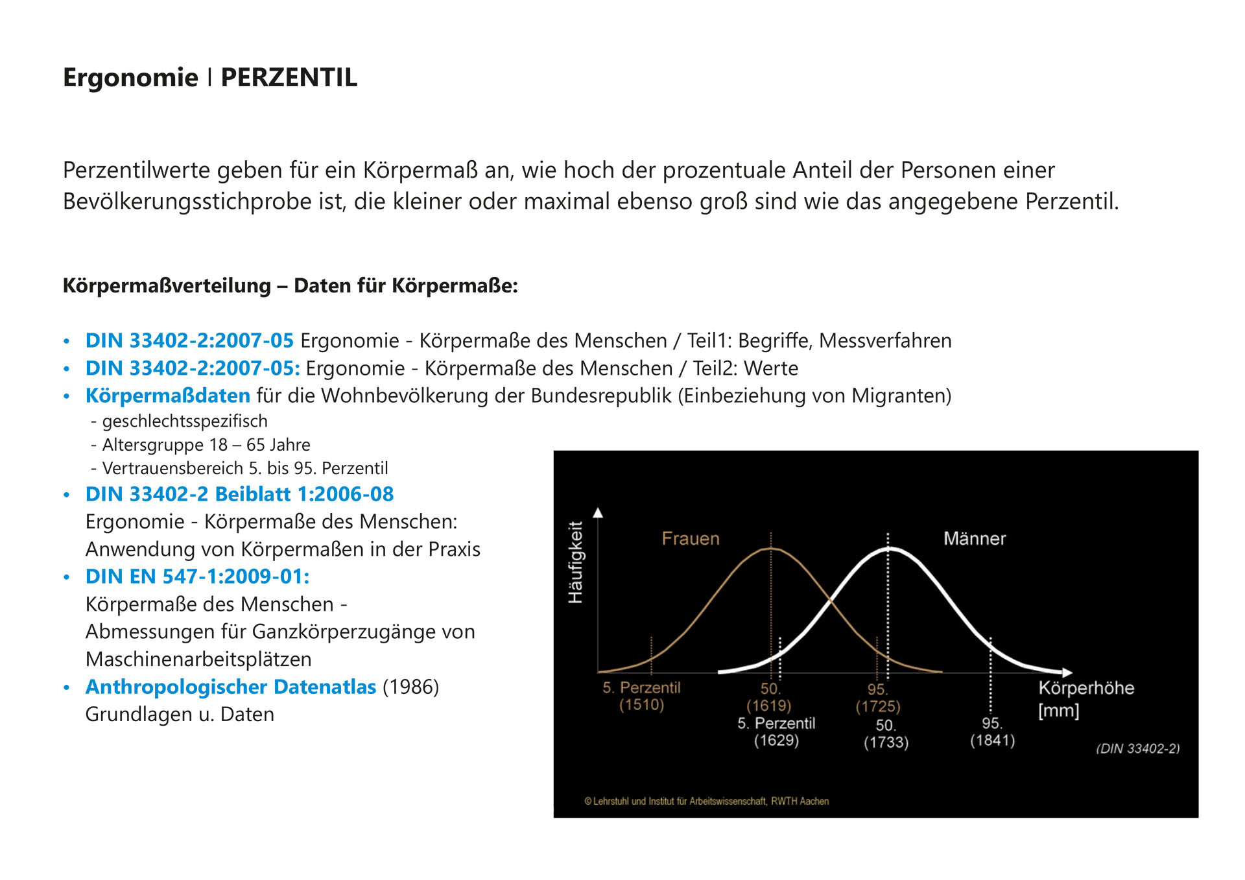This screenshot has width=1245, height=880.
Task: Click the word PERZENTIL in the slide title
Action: [x=289, y=78]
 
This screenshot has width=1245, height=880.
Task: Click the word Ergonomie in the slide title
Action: [x=130, y=78]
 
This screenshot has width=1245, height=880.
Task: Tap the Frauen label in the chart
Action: [x=691, y=539]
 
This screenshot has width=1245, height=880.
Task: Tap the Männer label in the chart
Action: [x=974, y=539]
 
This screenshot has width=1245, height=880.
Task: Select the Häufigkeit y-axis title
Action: [x=576, y=562]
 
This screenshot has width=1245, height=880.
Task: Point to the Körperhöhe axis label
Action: [x=1086, y=688]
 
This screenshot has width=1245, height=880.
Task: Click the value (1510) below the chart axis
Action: [x=641, y=705]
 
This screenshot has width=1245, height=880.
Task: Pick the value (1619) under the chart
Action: [x=768, y=706]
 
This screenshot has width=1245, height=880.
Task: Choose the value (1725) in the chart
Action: [x=877, y=706]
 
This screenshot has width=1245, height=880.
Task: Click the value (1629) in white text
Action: [x=776, y=741]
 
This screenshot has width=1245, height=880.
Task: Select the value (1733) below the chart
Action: [x=886, y=743]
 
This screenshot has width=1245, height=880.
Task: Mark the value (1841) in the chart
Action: [x=992, y=741]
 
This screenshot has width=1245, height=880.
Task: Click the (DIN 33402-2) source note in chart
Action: [x=1137, y=749]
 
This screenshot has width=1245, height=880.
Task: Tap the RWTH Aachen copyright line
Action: [x=707, y=802]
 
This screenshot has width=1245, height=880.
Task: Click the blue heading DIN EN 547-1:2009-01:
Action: [x=197, y=577]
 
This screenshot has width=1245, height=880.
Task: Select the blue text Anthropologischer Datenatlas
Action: [x=230, y=687]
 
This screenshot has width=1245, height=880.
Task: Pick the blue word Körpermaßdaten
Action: [x=167, y=396]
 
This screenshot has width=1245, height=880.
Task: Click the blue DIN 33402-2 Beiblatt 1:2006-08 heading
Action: [x=239, y=494]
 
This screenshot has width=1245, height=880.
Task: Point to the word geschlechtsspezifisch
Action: [x=185, y=422]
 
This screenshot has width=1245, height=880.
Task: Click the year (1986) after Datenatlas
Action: [x=410, y=687]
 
